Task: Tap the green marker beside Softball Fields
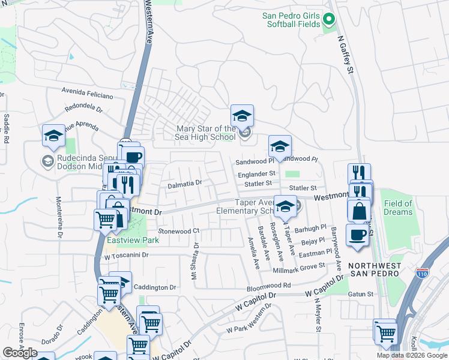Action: pos(328,20)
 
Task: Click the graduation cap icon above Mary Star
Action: pos(242,115)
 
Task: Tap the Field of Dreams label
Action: pos(399,208)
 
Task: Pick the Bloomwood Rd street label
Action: pos(268,285)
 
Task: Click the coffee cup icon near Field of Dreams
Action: pos(357,234)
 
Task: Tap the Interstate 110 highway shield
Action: pos(423,273)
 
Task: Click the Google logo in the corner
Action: pos(20,353)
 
